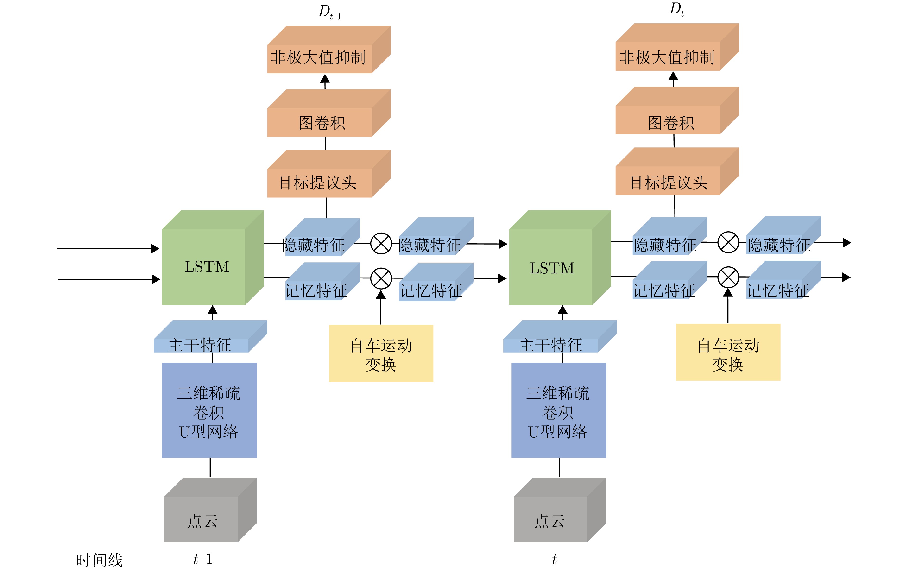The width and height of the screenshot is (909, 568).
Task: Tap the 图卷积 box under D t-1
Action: pos(322,122)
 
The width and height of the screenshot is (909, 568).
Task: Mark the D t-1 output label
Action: pos(329,12)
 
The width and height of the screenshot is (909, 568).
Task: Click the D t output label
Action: pos(676,9)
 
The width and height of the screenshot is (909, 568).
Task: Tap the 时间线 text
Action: pos(99,560)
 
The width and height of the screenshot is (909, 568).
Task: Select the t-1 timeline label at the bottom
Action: pos(203,559)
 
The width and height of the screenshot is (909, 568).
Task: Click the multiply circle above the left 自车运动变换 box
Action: pos(381,278)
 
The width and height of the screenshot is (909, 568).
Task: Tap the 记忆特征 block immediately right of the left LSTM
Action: pos(316,289)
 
